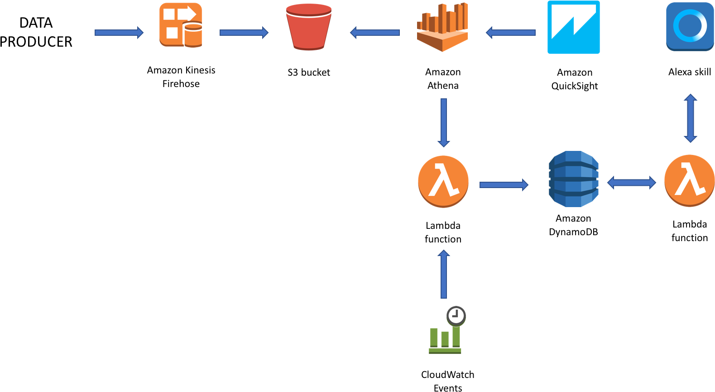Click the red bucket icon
309,27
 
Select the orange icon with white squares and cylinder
180,25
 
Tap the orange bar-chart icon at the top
442,27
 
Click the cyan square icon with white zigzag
573,27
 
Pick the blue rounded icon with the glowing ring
690,26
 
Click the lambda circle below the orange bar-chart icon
443,181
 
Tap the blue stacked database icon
573,179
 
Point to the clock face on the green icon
456,315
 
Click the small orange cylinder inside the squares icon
193,35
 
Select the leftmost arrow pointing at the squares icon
119,33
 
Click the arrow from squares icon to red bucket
244,33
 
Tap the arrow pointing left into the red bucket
374,33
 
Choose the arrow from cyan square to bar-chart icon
510,33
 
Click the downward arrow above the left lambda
443,122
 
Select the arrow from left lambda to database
504,184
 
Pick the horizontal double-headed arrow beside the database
631,183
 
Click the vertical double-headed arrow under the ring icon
690,118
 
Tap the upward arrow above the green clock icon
444,274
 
